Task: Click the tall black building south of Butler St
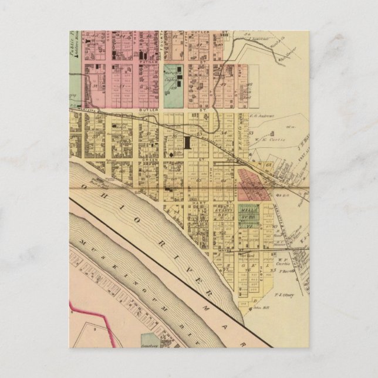point(187,142)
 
